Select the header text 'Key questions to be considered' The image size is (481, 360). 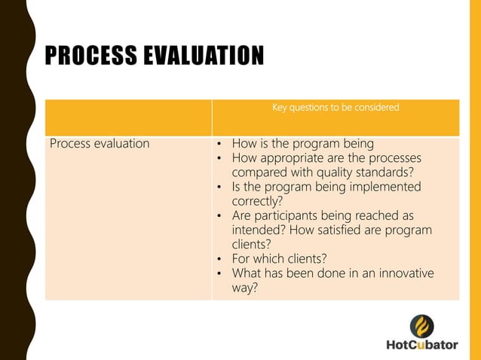pos(335,108)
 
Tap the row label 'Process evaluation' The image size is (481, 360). pos(100,143)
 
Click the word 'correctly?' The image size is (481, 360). pos(257,201)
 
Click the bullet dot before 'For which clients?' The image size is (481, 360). pos(219,259)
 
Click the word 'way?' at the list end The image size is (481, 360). pos(245,288)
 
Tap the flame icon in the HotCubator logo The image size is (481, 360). pos(421,326)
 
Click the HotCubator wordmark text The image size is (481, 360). pos(421,345)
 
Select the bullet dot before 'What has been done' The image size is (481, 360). pos(219,273)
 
